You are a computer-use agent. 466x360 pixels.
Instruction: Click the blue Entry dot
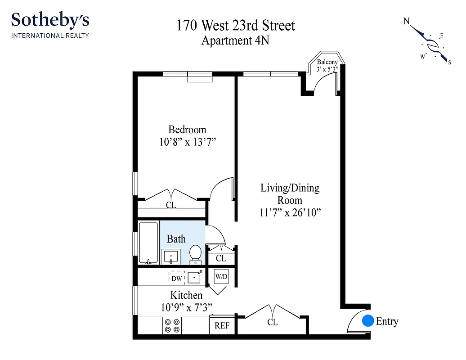368,321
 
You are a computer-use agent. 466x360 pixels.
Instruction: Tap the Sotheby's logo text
50,20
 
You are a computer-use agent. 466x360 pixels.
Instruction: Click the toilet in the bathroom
195,253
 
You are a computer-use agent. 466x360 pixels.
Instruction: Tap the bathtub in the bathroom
148,243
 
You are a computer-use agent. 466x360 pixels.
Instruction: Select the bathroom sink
170,257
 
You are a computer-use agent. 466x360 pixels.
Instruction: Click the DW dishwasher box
177,279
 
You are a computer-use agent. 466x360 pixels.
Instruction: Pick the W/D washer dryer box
221,277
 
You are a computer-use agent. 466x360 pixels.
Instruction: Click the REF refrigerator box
222,325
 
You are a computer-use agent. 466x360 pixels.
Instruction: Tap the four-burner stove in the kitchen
172,325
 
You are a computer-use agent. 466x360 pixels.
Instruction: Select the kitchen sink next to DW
194,278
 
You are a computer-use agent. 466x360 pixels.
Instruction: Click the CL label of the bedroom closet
171,205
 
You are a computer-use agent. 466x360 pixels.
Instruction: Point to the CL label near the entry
273,323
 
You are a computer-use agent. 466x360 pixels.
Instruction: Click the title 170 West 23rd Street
236,25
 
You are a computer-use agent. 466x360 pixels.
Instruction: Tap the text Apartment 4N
235,40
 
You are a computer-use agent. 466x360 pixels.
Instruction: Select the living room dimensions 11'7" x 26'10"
290,212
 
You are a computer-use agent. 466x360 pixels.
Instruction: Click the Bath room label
176,238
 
